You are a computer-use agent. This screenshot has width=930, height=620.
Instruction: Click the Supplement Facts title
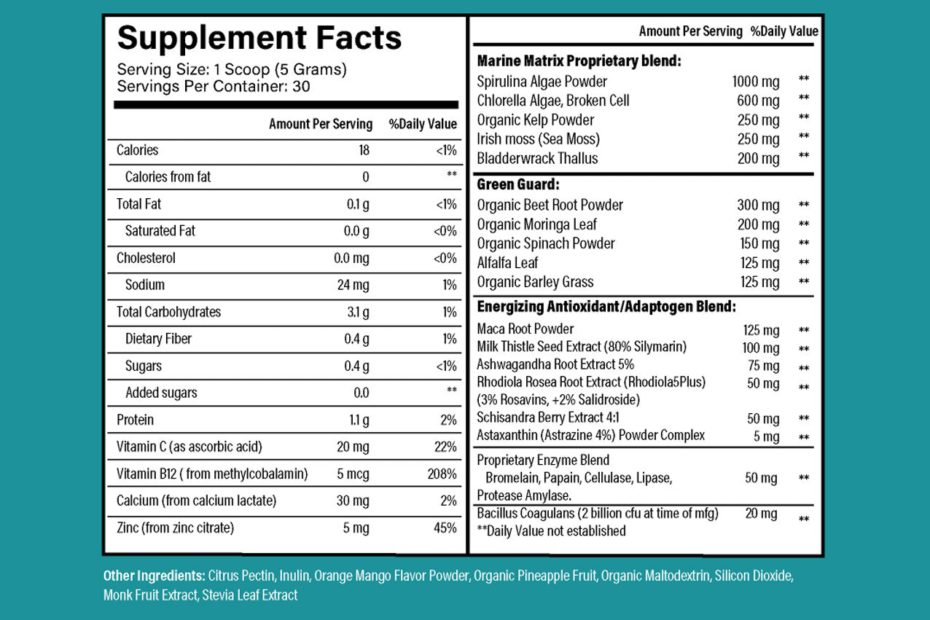click(x=259, y=38)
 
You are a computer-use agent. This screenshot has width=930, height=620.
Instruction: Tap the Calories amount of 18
click(x=364, y=150)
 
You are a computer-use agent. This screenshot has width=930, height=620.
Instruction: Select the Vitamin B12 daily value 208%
click(x=442, y=474)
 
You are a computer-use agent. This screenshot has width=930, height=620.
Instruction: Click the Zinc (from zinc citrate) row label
click(x=175, y=528)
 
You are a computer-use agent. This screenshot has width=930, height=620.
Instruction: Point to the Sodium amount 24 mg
click(x=353, y=285)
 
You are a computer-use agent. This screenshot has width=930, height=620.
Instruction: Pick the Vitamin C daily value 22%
click(x=445, y=447)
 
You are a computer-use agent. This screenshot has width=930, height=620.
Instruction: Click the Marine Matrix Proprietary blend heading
click(x=579, y=61)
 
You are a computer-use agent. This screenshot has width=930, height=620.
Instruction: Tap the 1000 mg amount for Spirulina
click(x=755, y=82)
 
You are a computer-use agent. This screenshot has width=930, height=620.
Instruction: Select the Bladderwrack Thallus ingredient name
click(x=537, y=158)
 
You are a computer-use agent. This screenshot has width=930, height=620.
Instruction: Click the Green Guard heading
click(x=518, y=185)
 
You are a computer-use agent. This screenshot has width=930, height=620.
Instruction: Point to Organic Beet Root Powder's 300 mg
click(x=758, y=205)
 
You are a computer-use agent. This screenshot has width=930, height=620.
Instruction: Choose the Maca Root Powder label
click(x=525, y=329)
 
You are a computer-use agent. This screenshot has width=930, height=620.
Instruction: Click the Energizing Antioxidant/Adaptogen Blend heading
click(x=606, y=307)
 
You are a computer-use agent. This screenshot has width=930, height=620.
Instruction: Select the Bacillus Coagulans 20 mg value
click(x=761, y=514)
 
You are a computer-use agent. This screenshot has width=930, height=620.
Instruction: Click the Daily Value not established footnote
click(x=551, y=531)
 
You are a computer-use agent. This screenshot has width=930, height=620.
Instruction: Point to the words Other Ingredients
click(x=154, y=576)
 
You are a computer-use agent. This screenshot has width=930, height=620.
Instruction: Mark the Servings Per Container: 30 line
click(x=214, y=86)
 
